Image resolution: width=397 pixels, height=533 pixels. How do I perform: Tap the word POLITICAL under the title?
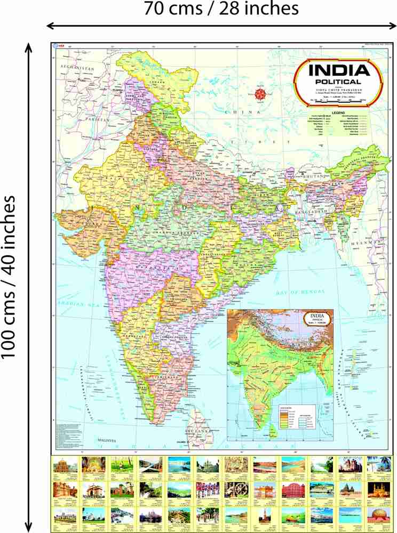coord(339,82)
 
